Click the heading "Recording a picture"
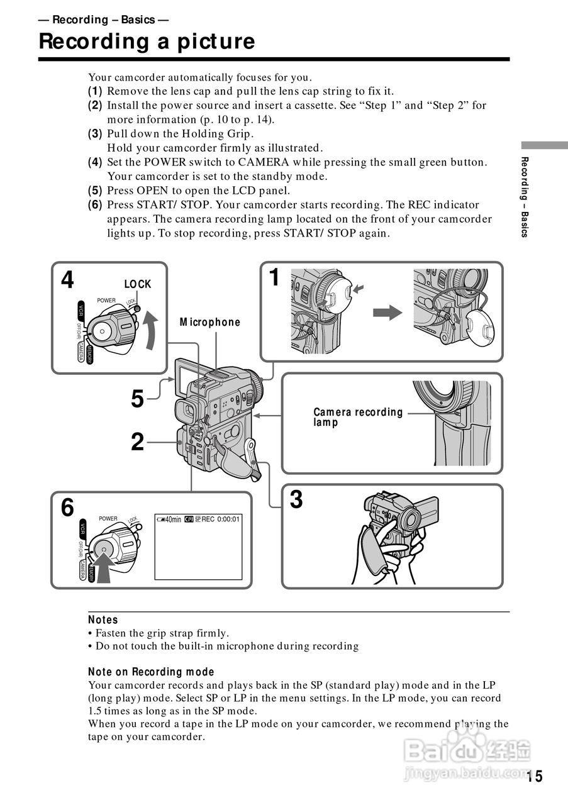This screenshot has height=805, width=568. tap(147, 42)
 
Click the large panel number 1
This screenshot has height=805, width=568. tap(274, 277)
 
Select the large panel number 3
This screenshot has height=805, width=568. tap(296, 500)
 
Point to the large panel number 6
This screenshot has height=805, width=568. tap(67, 507)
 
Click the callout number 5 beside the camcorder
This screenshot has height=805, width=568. tap(138, 399)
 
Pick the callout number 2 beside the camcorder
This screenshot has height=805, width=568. tap(138, 443)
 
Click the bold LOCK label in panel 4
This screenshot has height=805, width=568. tap(138, 284)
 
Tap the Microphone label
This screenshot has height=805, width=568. tap(210, 322)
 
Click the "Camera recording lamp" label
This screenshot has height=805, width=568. tap(358, 417)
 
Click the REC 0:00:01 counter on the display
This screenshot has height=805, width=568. tap(221, 519)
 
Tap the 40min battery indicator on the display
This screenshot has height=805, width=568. tap(169, 519)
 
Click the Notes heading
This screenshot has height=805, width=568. tap(103, 620)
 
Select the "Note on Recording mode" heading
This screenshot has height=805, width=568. tap(151, 672)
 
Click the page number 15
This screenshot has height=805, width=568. tap(535, 777)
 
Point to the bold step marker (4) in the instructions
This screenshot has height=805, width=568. tap(95, 162)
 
